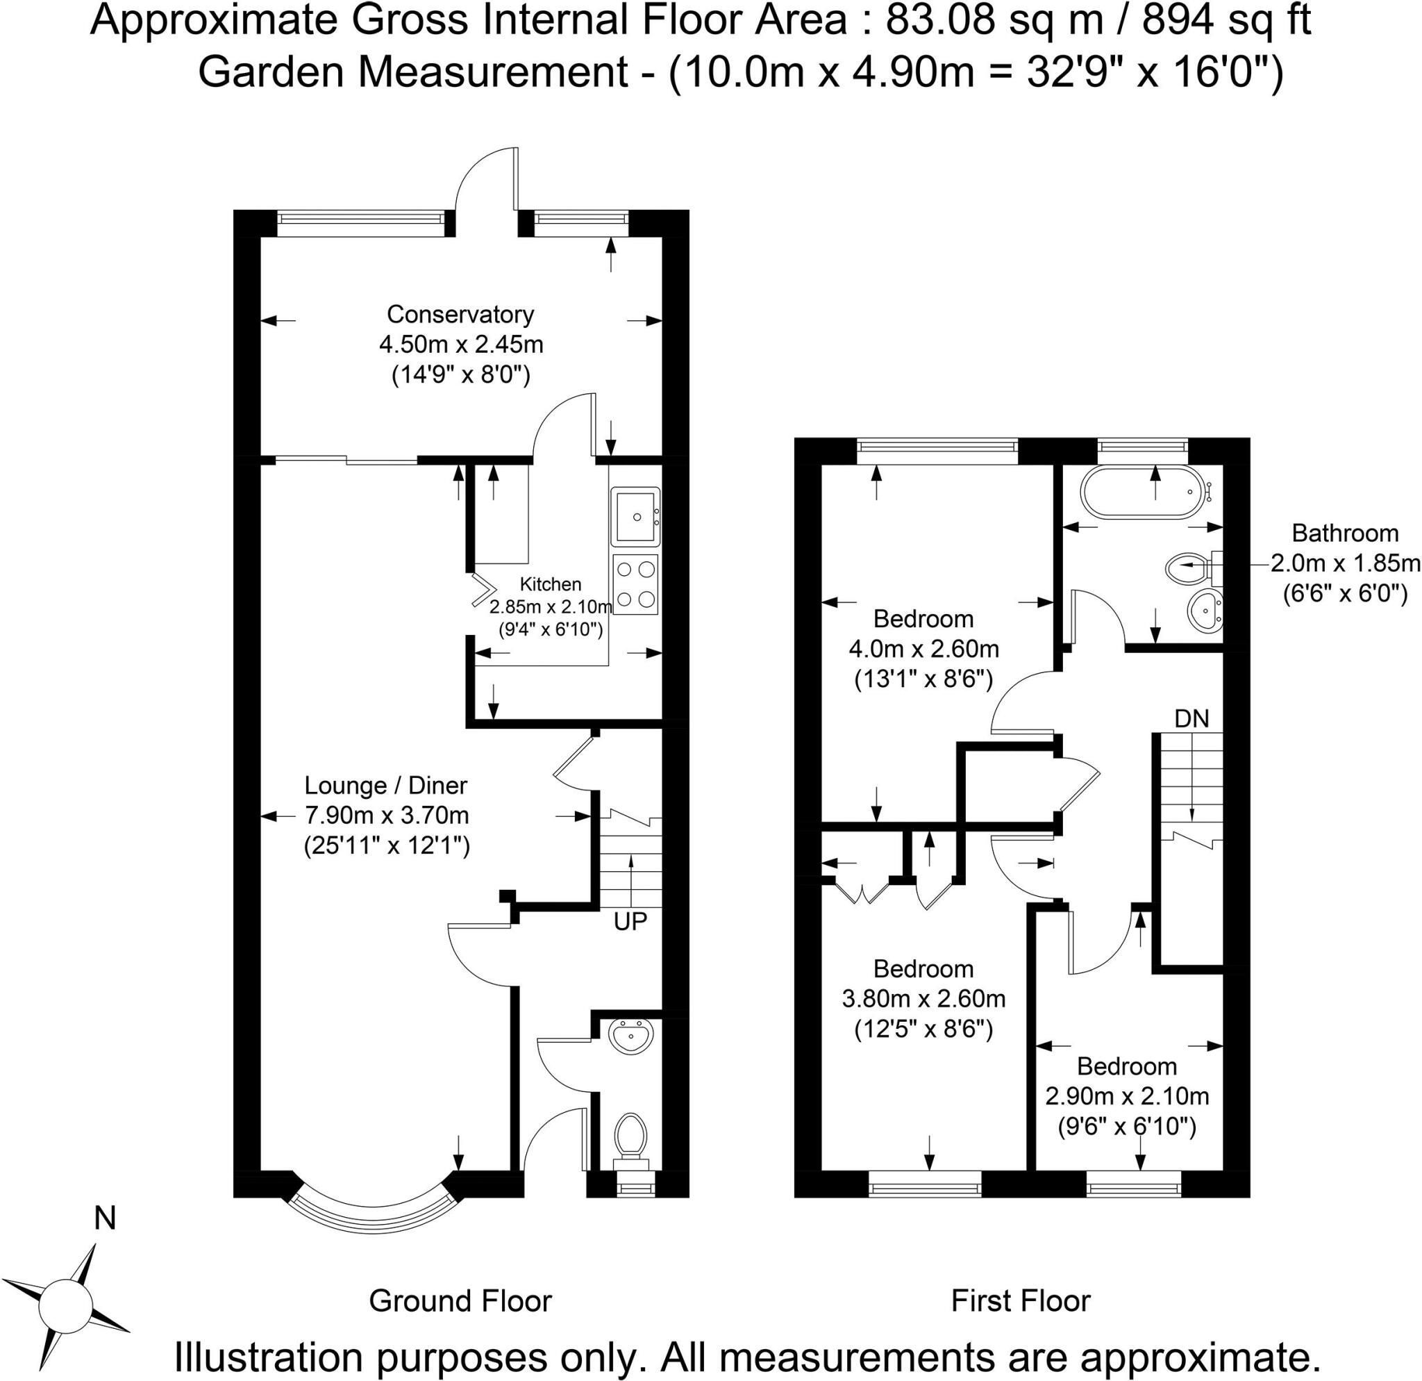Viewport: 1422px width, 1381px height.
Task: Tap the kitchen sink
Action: coord(635,516)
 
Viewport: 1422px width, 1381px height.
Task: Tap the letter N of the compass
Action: coord(106,1218)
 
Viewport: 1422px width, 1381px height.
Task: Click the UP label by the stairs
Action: coord(630,921)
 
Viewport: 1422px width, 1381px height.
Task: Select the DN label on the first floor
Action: coord(1192,718)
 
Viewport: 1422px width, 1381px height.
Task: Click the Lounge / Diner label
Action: coord(385,785)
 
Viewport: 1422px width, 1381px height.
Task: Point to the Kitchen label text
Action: coord(551,584)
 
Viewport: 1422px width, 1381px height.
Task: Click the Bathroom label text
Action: coord(1345,534)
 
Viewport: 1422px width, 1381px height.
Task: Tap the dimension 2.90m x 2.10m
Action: coord(1127,1095)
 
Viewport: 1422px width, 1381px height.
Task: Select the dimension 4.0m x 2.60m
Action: coord(923,649)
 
